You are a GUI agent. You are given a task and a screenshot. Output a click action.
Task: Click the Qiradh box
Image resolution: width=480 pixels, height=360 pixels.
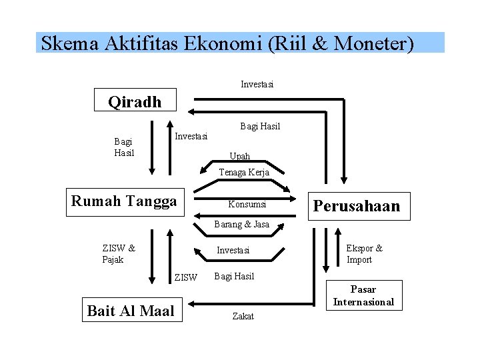coord(135,101)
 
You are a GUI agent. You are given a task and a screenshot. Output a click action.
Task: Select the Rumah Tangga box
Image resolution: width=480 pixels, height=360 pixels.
coord(124,201)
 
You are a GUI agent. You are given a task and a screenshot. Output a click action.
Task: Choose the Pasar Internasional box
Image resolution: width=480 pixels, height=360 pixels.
coord(363,295)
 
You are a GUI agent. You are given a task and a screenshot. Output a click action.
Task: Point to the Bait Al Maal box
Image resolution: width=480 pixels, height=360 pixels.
coord(131,310)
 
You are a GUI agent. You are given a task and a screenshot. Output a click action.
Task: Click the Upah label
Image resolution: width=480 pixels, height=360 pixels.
coord(240,156)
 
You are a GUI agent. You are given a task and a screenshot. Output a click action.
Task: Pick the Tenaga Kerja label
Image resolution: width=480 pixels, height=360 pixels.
coord(244,172)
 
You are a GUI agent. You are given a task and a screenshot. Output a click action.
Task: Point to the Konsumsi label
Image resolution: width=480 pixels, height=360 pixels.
coord(247,204)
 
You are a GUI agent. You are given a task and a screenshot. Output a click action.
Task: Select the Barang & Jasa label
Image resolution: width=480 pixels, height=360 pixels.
coord(241,224)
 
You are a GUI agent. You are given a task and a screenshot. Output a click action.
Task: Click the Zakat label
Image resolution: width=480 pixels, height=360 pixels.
coord(243,316)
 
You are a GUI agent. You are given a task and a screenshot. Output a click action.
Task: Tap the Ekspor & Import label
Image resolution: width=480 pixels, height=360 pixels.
coord(364,253)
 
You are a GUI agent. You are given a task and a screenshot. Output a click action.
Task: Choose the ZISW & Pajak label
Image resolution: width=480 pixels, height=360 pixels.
coord(119,253)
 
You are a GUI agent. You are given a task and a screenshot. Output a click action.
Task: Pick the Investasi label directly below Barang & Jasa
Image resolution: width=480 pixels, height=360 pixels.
coord(233,250)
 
